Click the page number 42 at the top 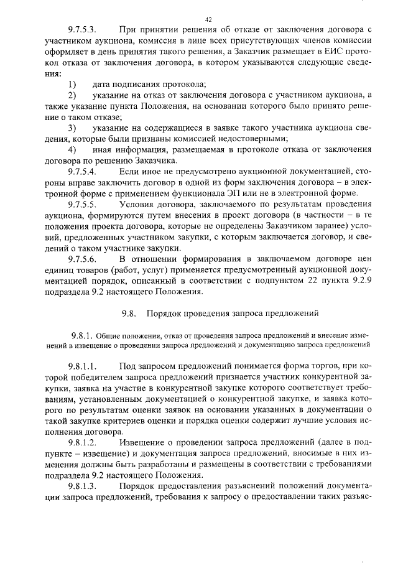[208, 20]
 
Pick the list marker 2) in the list [72, 95]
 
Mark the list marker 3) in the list [72, 128]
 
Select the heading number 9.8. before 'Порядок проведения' [129, 314]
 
